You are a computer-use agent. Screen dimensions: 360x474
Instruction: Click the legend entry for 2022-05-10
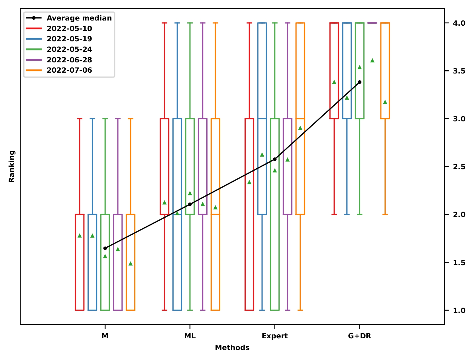[69, 28]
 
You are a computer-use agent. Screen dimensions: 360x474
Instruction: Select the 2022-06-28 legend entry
[69, 60]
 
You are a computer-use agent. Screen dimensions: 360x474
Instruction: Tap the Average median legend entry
[79, 18]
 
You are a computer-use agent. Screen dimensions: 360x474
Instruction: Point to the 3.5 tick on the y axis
[459, 71]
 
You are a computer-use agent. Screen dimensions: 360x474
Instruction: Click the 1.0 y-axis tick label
[459, 310]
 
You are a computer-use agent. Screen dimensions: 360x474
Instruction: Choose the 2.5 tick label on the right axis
[459, 167]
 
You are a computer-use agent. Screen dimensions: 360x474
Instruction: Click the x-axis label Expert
[274, 336]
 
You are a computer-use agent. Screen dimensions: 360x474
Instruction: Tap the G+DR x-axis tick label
[359, 336]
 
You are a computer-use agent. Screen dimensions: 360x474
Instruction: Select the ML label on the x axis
[190, 336]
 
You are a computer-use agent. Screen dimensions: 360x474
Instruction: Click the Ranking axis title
[12, 166]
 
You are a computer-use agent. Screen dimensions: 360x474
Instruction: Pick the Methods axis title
[232, 348]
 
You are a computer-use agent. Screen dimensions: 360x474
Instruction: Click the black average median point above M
[105, 248]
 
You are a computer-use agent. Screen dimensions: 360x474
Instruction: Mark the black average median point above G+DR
[359, 82]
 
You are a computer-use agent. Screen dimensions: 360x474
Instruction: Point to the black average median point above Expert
[275, 159]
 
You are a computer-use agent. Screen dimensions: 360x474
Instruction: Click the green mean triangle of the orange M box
[131, 263]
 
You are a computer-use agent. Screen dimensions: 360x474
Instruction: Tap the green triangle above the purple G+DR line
[372, 60]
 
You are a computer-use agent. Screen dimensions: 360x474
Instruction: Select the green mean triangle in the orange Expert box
[300, 128]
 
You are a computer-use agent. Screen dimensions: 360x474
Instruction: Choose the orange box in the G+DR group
[385, 71]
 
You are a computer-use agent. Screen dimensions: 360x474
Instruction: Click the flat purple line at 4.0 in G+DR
[372, 23]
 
